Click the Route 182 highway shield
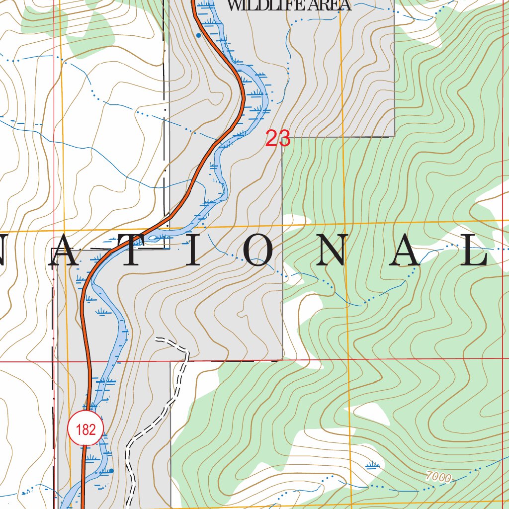[x=86, y=429]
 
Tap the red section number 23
[x=277, y=139]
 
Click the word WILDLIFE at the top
[x=260, y=5]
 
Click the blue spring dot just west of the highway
[x=198, y=35]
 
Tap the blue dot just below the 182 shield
[x=111, y=470]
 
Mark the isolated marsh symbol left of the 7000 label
[x=372, y=466]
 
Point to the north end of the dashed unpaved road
[x=157, y=340]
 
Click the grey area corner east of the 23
[x=394, y=136]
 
